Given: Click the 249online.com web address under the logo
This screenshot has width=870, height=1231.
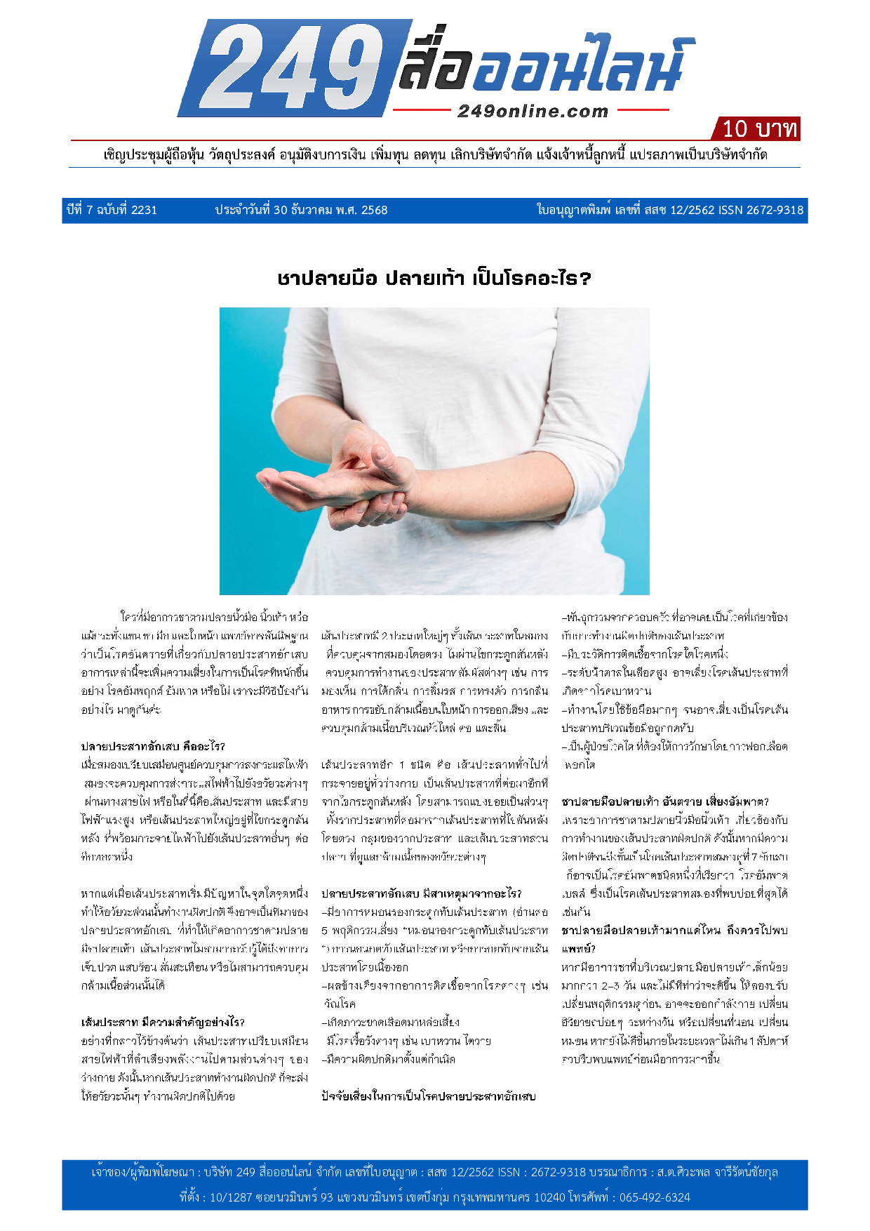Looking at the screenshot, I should click(x=533, y=111).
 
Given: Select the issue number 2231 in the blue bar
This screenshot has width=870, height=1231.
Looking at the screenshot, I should click(x=144, y=210).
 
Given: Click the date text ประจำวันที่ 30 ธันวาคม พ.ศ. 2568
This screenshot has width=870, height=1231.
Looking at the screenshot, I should click(x=301, y=210).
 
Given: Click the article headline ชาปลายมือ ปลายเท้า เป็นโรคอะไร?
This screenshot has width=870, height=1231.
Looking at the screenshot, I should click(x=434, y=279).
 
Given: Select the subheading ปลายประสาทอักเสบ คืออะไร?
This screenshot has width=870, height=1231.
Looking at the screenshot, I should click(x=153, y=746).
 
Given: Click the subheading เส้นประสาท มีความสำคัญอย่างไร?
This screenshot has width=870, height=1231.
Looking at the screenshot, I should click(x=163, y=1022).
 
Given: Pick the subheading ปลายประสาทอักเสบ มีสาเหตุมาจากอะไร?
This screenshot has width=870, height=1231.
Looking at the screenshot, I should click(x=422, y=893).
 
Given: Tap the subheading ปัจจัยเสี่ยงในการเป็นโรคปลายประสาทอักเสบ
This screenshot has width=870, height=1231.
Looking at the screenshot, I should click(x=428, y=1096).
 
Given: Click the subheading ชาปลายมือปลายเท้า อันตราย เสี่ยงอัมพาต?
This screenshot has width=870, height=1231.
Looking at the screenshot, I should click(x=665, y=801).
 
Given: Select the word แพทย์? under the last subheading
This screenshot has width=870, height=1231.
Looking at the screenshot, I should click(x=579, y=948).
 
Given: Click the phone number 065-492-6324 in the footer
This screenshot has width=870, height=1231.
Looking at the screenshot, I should click(x=655, y=1197).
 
